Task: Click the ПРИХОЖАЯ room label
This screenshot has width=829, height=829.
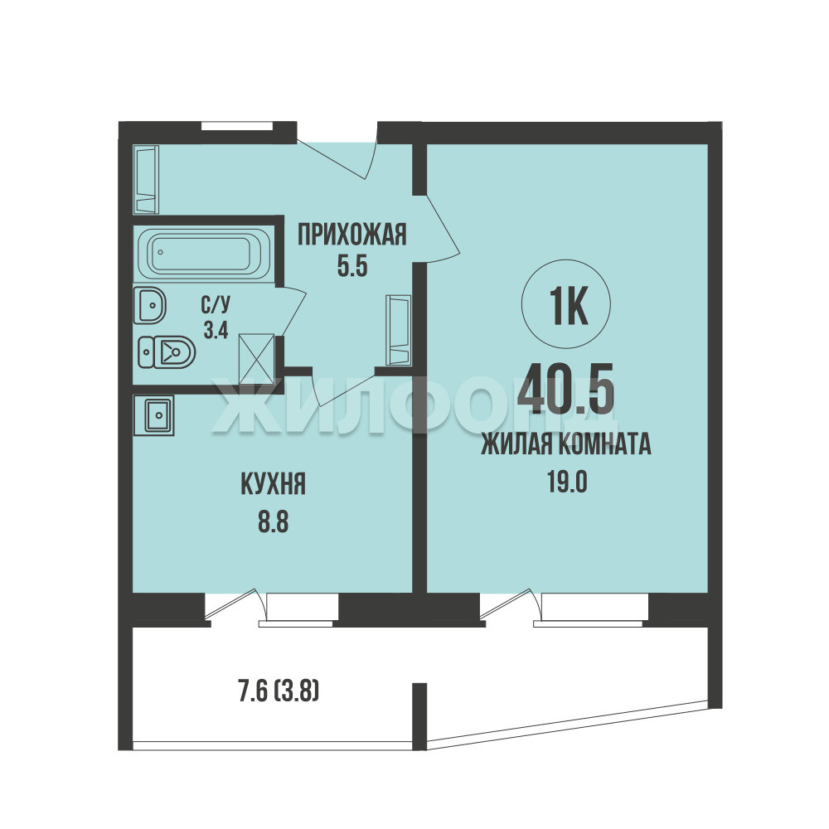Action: [x=352, y=235]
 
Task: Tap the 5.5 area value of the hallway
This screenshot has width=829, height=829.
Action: [x=352, y=266]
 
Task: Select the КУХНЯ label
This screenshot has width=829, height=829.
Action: [x=274, y=484]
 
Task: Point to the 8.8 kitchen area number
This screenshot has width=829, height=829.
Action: [x=274, y=522]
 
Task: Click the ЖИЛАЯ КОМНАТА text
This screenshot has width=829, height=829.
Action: [x=566, y=444]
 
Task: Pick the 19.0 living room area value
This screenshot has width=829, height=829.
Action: [x=567, y=482]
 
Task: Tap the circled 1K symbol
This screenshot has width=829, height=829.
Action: [x=566, y=304]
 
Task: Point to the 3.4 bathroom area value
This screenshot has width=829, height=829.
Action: [x=216, y=331]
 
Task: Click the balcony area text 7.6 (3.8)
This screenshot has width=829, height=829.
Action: [x=279, y=691]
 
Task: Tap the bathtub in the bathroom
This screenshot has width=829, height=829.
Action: [x=204, y=253]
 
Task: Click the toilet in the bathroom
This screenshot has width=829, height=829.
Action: [x=167, y=352]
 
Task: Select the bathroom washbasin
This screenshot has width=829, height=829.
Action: [x=149, y=306]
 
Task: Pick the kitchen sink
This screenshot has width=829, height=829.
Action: [x=153, y=415]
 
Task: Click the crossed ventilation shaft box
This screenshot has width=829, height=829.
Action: [x=256, y=359]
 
